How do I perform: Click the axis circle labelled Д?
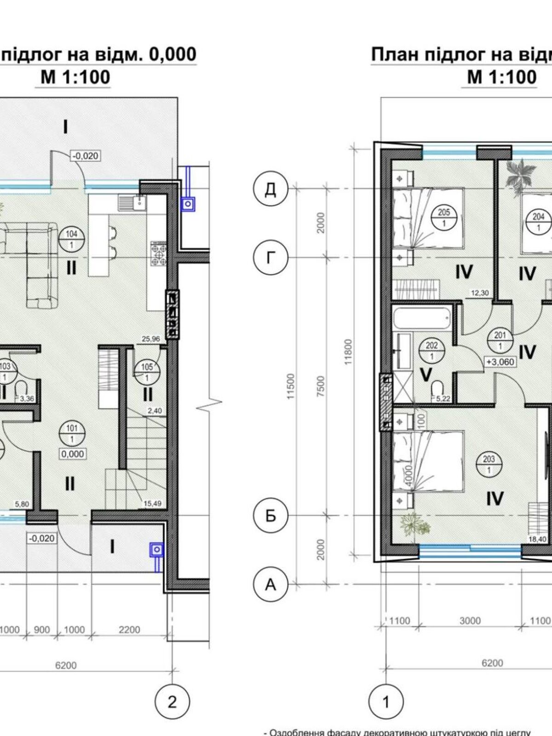point(270,189)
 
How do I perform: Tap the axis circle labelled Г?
point(270,258)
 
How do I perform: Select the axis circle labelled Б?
point(270,515)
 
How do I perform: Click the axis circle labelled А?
point(270,584)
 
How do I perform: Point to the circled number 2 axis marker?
point(172,702)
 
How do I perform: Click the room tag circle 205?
point(444,217)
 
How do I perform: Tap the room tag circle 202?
point(431,351)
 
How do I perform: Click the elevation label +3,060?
point(500,362)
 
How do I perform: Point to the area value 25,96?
point(151,339)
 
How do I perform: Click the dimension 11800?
point(348,352)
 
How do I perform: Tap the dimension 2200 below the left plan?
point(129,629)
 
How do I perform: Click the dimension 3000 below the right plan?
point(470,621)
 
